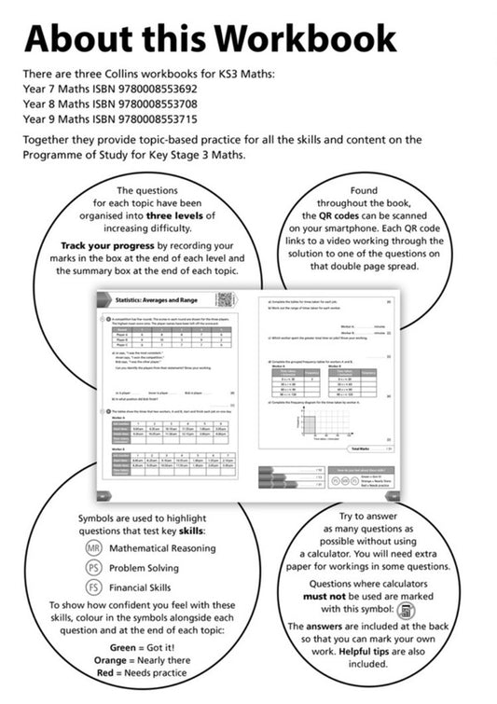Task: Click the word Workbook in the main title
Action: (x=308, y=39)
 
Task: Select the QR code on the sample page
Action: (x=224, y=300)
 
